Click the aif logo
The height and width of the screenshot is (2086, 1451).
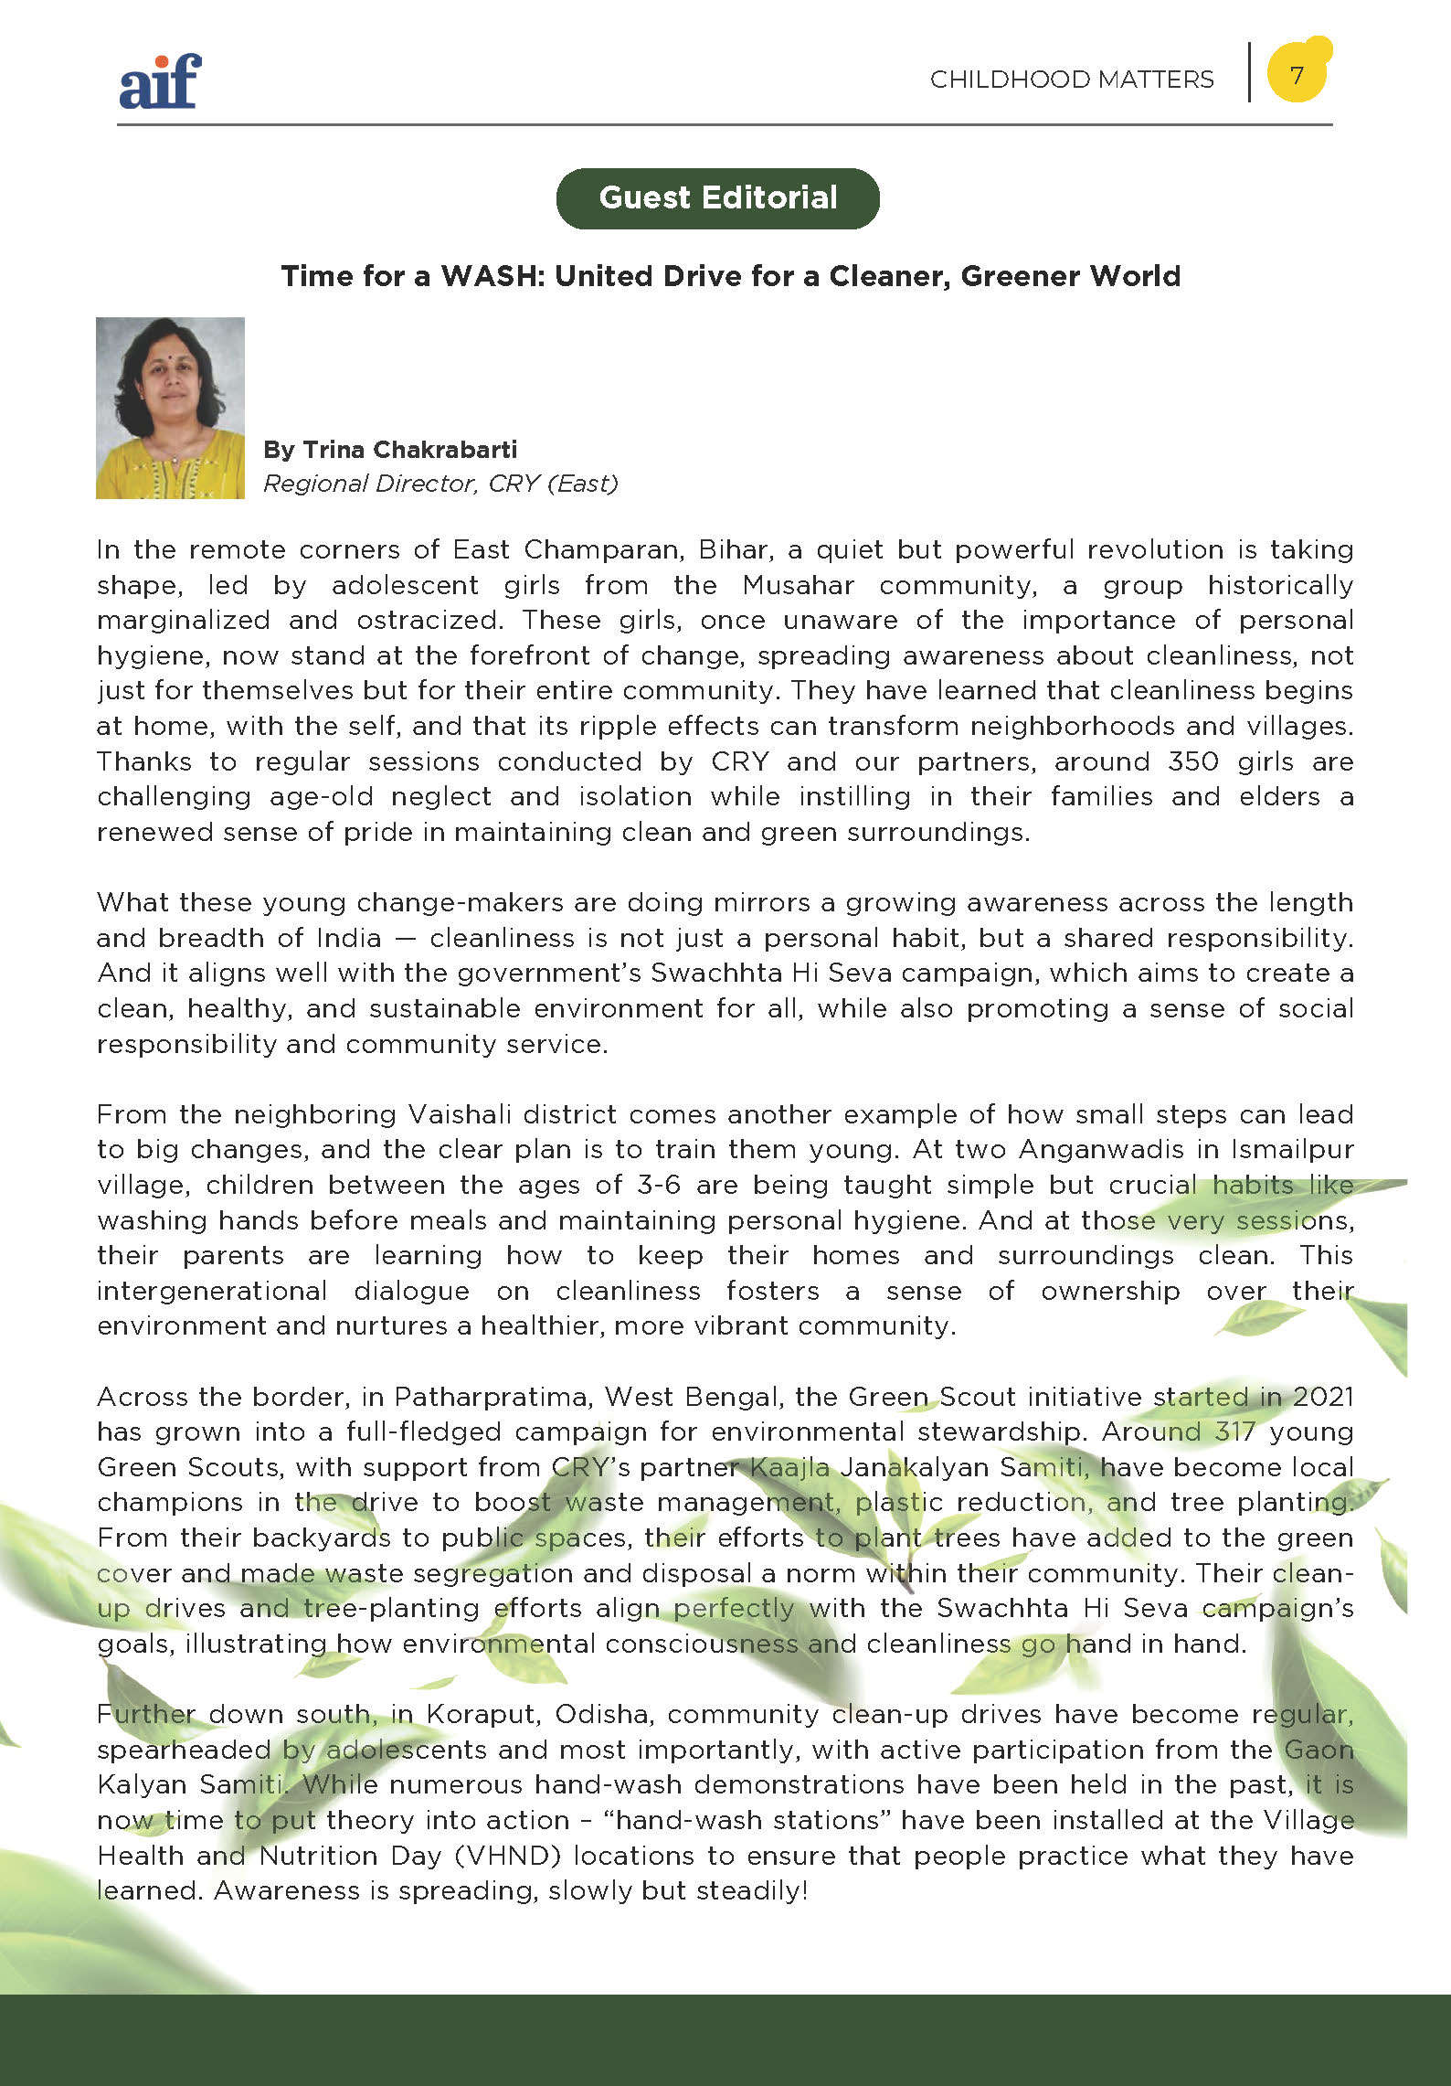[160, 81]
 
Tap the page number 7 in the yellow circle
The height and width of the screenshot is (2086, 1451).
[1297, 74]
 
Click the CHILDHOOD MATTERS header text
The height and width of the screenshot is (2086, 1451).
[1072, 80]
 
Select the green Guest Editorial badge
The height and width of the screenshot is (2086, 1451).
[717, 197]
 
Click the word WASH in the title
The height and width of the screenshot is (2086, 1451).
[489, 276]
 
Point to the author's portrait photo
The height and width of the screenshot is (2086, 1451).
[170, 408]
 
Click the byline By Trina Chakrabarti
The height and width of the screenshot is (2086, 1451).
[390, 450]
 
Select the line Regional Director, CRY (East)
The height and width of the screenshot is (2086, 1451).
[440, 484]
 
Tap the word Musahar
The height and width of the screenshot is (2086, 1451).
[798, 585]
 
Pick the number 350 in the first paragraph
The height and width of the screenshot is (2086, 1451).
[1192, 761]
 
